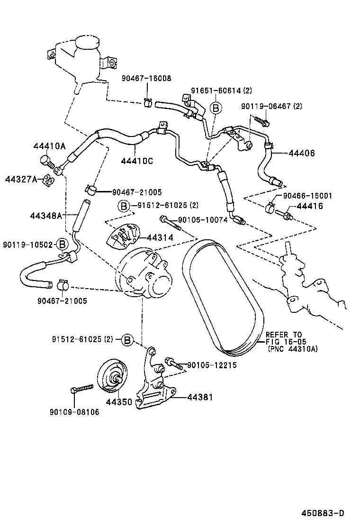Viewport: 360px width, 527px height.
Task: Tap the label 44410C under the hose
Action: pyautogui.click(x=137, y=161)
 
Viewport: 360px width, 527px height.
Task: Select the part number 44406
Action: pyautogui.click(x=302, y=153)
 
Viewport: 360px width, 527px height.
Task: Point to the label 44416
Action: pyautogui.click(x=310, y=206)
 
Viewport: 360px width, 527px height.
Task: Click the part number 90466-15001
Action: pyautogui.click(x=307, y=195)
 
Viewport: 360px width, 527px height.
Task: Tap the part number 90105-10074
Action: pyautogui.click(x=203, y=220)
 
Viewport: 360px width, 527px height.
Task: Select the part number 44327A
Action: pyautogui.click(x=21, y=179)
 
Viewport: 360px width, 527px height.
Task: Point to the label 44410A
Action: pyautogui.click(x=49, y=146)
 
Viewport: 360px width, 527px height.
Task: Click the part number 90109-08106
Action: pyautogui.click(x=74, y=412)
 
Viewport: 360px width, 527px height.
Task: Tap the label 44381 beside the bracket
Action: pyautogui.click(x=200, y=397)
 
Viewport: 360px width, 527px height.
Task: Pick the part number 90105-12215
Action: pyautogui.click(x=212, y=365)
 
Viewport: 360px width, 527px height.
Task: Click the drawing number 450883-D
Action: pyautogui.click(x=323, y=513)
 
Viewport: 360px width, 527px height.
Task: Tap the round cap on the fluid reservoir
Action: pyautogui.click(x=87, y=43)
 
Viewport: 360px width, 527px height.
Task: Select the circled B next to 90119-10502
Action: pyautogui.click(x=62, y=245)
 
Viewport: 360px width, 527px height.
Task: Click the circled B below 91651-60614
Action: pyautogui.click(x=216, y=108)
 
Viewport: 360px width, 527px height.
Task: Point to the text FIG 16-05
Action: pyautogui.click(x=286, y=341)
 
